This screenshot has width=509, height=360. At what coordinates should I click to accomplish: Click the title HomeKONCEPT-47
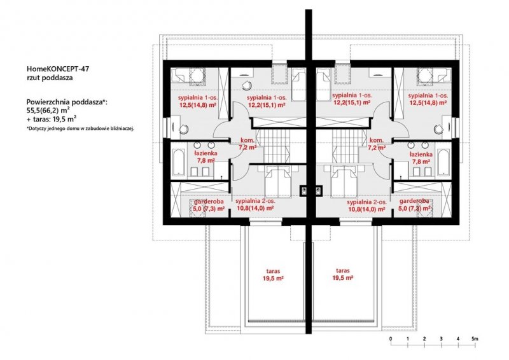coord(58,69)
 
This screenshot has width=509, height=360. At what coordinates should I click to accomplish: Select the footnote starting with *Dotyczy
coord(80,128)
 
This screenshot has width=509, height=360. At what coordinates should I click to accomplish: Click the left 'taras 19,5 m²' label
coord(274,275)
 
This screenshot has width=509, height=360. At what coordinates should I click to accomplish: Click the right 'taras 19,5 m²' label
coord(343,274)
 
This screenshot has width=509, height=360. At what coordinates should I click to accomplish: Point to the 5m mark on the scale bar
coord(475,339)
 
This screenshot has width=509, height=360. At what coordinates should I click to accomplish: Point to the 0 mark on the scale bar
coord(391,339)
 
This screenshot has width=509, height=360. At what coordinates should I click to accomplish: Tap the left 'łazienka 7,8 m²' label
coord(206,156)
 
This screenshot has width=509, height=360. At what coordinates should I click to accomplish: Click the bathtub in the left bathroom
coord(179,162)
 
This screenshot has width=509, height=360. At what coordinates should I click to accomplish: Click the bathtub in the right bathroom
coord(443,162)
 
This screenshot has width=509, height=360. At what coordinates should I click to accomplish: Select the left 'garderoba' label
coord(209,202)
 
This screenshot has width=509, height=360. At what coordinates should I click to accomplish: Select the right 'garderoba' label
coord(414,201)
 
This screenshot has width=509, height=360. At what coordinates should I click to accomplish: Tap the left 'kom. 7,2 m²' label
coord(248,144)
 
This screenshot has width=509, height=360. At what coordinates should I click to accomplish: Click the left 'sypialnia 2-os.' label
coord(255,201)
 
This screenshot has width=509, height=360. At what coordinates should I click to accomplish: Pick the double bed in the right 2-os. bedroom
coord(344,181)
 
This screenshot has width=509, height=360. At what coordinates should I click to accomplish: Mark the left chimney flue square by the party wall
coord(304,190)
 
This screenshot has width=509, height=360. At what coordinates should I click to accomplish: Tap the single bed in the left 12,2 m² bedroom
coord(298,87)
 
